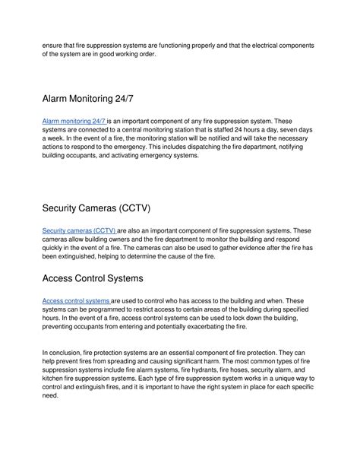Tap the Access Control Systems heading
coord(104,279)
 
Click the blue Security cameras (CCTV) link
coord(79,230)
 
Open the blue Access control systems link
coord(77,300)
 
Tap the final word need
coord(50,399)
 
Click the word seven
coord(289,130)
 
